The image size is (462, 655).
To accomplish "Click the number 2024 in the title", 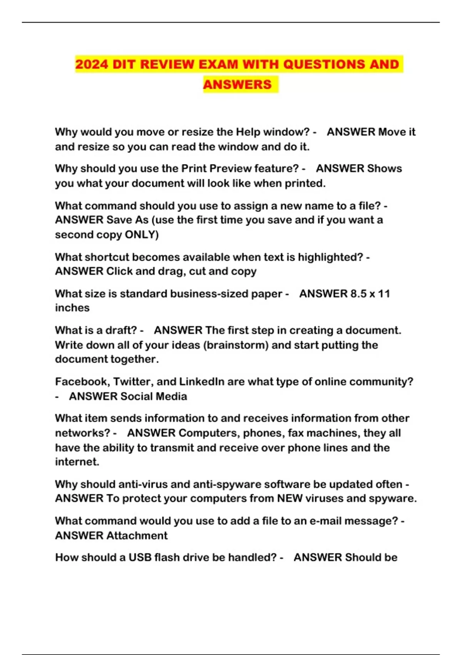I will pos(91,64).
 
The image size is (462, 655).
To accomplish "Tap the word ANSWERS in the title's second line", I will pos(237,85).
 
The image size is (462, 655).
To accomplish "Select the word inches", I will pos(72,308).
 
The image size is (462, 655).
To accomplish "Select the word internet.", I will pos(77,462).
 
